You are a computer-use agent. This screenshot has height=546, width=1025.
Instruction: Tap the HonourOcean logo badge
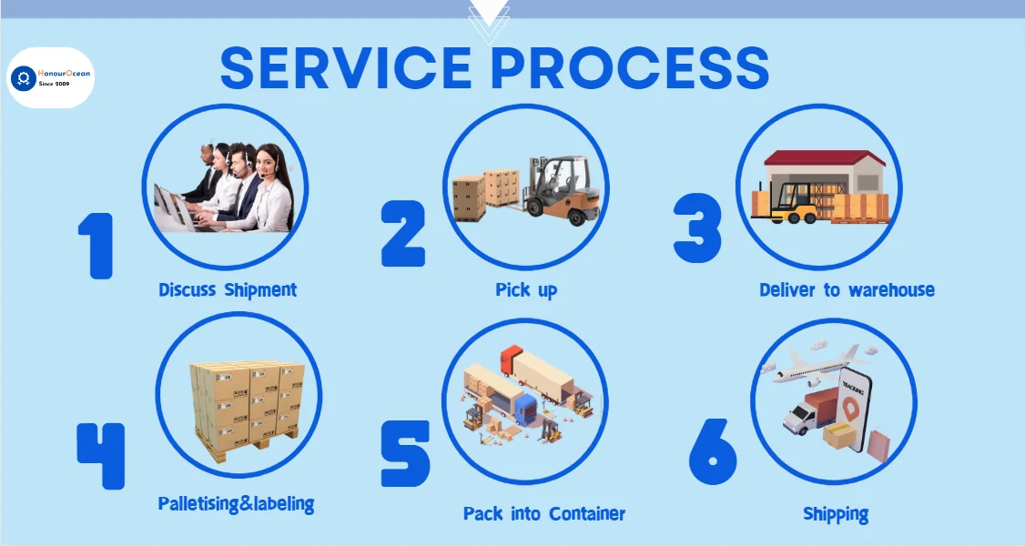[x=51, y=77]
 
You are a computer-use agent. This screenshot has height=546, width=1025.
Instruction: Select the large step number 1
[x=96, y=245]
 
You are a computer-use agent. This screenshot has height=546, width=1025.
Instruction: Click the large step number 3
[x=697, y=231]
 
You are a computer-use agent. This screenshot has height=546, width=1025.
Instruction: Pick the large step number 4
[x=100, y=453]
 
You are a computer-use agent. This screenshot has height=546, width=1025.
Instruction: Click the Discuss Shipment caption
[x=228, y=290]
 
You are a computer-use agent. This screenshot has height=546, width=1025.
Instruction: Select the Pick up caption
[x=526, y=290]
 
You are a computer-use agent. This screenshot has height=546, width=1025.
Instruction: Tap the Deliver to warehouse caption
[x=847, y=290]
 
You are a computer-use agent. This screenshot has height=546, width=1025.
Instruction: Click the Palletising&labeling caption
[x=236, y=503]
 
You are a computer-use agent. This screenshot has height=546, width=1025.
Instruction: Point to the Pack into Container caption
[x=543, y=513]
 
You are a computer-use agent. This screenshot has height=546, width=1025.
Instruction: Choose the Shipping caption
[x=835, y=514]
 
